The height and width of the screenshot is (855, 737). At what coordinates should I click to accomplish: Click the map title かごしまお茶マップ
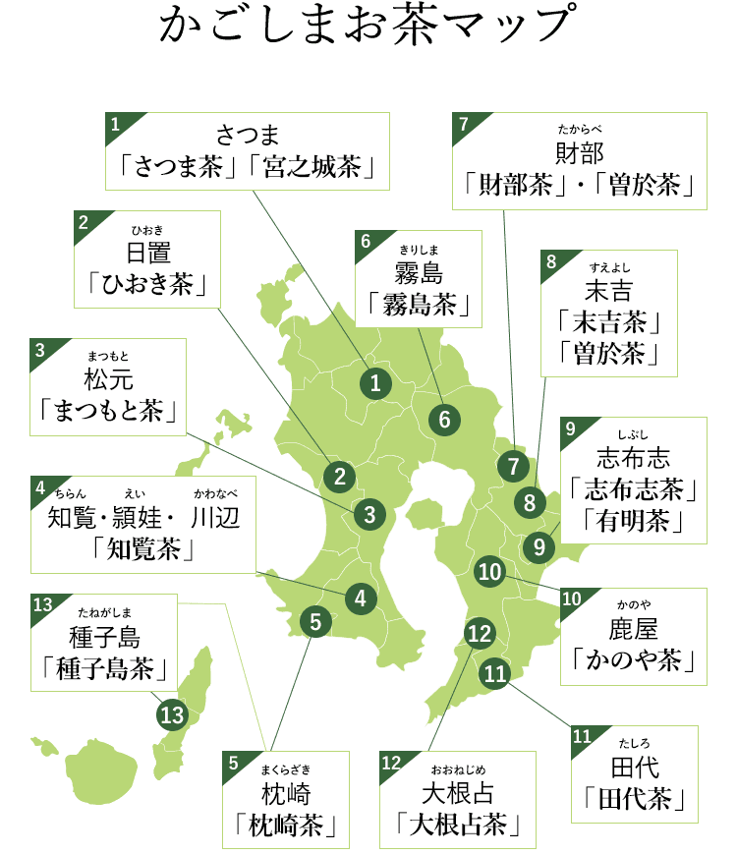coord(367,27)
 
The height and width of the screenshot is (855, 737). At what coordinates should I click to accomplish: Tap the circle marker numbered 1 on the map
coord(374,384)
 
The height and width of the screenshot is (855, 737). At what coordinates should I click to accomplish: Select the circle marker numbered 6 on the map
coord(444,421)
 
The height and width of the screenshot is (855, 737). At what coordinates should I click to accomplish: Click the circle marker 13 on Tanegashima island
coord(172,714)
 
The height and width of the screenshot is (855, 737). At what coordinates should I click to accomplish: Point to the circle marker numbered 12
coord(479,634)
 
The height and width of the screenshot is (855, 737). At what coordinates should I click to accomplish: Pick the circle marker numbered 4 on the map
coord(361,597)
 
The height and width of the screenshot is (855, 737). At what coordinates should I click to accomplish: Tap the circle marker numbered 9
coord(539,545)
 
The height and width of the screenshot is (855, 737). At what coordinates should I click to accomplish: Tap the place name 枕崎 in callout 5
coord(285,792)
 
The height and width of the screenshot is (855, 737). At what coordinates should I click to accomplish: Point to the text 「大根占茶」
coord(458,823)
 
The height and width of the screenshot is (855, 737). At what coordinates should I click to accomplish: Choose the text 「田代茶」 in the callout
coord(634,797)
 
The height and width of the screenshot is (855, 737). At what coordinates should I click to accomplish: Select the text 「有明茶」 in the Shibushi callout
coord(634,520)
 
